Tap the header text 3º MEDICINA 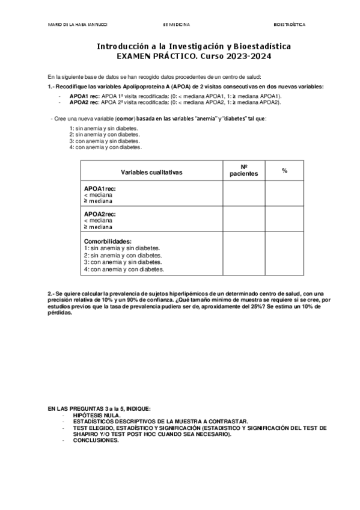[x=176, y=25]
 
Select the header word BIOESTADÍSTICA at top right [x=289, y=25]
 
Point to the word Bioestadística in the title [x=262, y=46]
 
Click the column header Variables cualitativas [x=151, y=171]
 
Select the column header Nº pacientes [x=244, y=170]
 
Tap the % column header [x=284, y=171]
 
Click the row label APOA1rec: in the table [x=100, y=189]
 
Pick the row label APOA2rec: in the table [x=100, y=214]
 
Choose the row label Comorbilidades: [x=108, y=241]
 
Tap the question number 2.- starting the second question [x=51, y=293]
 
